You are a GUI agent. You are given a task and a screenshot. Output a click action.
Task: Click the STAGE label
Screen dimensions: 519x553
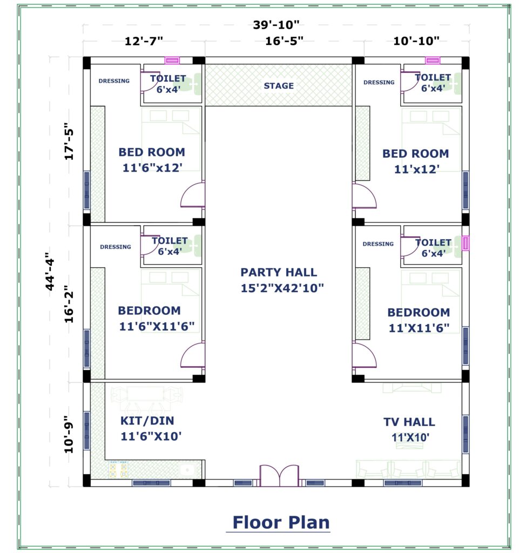(279, 86)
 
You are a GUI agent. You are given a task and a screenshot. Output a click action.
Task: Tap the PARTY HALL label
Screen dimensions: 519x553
(279, 272)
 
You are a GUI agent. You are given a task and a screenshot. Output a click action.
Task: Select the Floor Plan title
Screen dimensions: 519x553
(281, 522)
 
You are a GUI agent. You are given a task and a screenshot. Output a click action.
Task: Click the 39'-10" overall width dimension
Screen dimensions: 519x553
(276, 25)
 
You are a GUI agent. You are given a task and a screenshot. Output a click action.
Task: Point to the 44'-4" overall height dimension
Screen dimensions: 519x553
(50, 271)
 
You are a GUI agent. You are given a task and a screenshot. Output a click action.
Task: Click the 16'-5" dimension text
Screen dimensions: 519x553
(284, 41)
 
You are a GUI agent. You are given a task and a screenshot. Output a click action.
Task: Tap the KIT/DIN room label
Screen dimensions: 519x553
(147, 421)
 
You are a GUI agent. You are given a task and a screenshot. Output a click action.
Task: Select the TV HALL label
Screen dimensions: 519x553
(409, 422)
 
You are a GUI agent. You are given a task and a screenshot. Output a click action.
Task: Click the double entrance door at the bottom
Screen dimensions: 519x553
(279, 475)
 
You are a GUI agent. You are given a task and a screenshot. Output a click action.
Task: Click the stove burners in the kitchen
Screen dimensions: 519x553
(118, 469)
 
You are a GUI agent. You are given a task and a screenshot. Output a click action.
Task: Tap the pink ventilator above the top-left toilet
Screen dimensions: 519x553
(172, 60)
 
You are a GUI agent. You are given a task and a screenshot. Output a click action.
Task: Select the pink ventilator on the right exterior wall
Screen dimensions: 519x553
(466, 243)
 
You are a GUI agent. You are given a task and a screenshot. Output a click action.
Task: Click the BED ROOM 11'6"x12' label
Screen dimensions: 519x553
(152, 160)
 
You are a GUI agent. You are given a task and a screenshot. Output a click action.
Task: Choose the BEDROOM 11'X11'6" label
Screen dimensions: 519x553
(419, 320)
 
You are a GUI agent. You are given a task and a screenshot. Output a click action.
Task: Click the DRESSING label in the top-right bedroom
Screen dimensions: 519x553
(379, 82)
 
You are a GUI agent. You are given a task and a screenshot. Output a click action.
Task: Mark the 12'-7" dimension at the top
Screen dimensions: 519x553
(144, 41)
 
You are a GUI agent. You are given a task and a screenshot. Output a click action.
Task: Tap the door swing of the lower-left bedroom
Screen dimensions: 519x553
(192, 355)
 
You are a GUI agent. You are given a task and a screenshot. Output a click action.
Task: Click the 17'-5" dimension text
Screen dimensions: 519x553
(69, 141)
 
